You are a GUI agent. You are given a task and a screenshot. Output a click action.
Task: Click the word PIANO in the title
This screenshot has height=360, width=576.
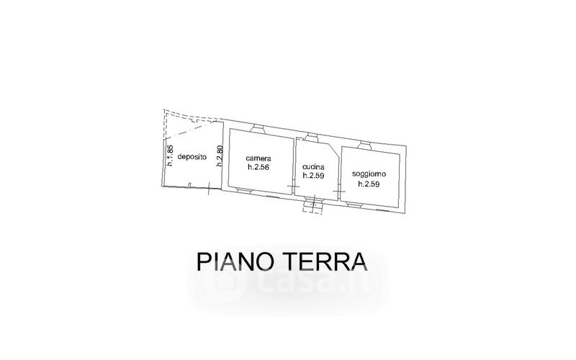(x=236, y=261)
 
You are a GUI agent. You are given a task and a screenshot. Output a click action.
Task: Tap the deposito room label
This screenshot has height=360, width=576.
(x=192, y=157)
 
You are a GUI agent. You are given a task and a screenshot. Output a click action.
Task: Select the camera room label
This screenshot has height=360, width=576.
(x=258, y=158)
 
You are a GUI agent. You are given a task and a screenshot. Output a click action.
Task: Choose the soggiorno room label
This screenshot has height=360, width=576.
(x=369, y=174)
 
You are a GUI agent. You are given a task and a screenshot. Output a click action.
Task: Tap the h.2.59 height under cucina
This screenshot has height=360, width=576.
(x=315, y=175)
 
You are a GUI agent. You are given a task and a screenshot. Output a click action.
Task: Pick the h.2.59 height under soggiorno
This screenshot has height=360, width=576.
(x=369, y=184)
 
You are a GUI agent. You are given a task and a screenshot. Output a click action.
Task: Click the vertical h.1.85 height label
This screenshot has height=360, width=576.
(x=170, y=156)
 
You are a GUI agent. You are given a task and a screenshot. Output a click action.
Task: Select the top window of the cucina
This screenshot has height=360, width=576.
(x=312, y=136)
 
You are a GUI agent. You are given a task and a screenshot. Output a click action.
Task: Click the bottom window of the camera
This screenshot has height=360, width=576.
(x=245, y=190)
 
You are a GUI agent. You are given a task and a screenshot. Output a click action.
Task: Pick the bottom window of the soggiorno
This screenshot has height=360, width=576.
(x=355, y=204)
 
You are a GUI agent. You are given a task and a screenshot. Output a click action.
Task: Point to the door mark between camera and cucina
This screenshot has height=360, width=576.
(x=293, y=187)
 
